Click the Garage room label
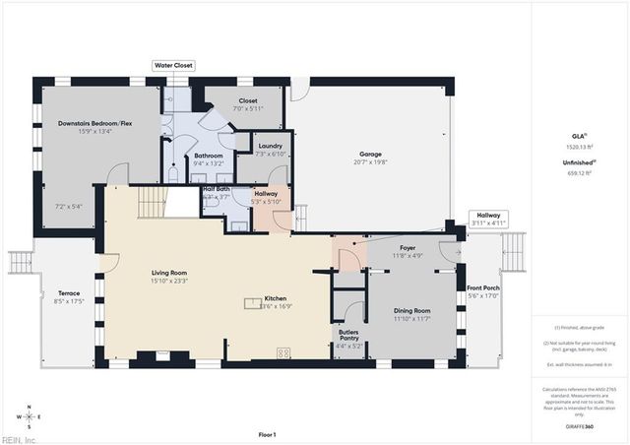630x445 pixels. coord(370,156)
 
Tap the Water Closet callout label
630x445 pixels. coord(173,65)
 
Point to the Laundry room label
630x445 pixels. coord(270,148)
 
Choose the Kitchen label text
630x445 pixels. coord(275,299)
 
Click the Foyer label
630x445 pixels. coord(407,249)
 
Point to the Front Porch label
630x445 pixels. coord(483,288)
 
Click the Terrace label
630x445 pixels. coord(68,293)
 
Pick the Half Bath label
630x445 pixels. coord(216,190)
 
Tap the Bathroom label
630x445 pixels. coord(208,156)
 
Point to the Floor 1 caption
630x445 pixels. coord(267,434)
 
